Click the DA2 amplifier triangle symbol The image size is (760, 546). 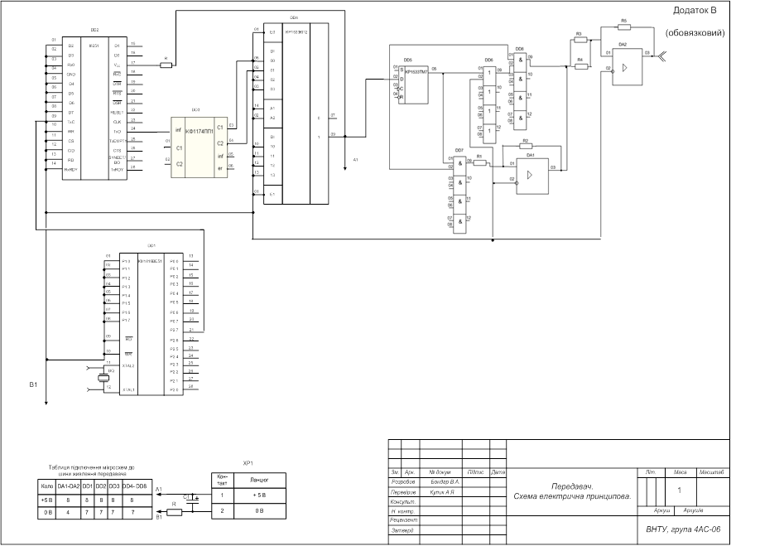[627, 65]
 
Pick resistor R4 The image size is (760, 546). [580, 66]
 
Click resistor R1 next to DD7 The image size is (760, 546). [480, 162]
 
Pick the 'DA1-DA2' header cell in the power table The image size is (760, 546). [68, 486]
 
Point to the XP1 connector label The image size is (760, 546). [247, 464]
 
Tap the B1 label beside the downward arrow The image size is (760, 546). [33, 385]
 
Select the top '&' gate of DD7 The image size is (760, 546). [457, 163]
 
